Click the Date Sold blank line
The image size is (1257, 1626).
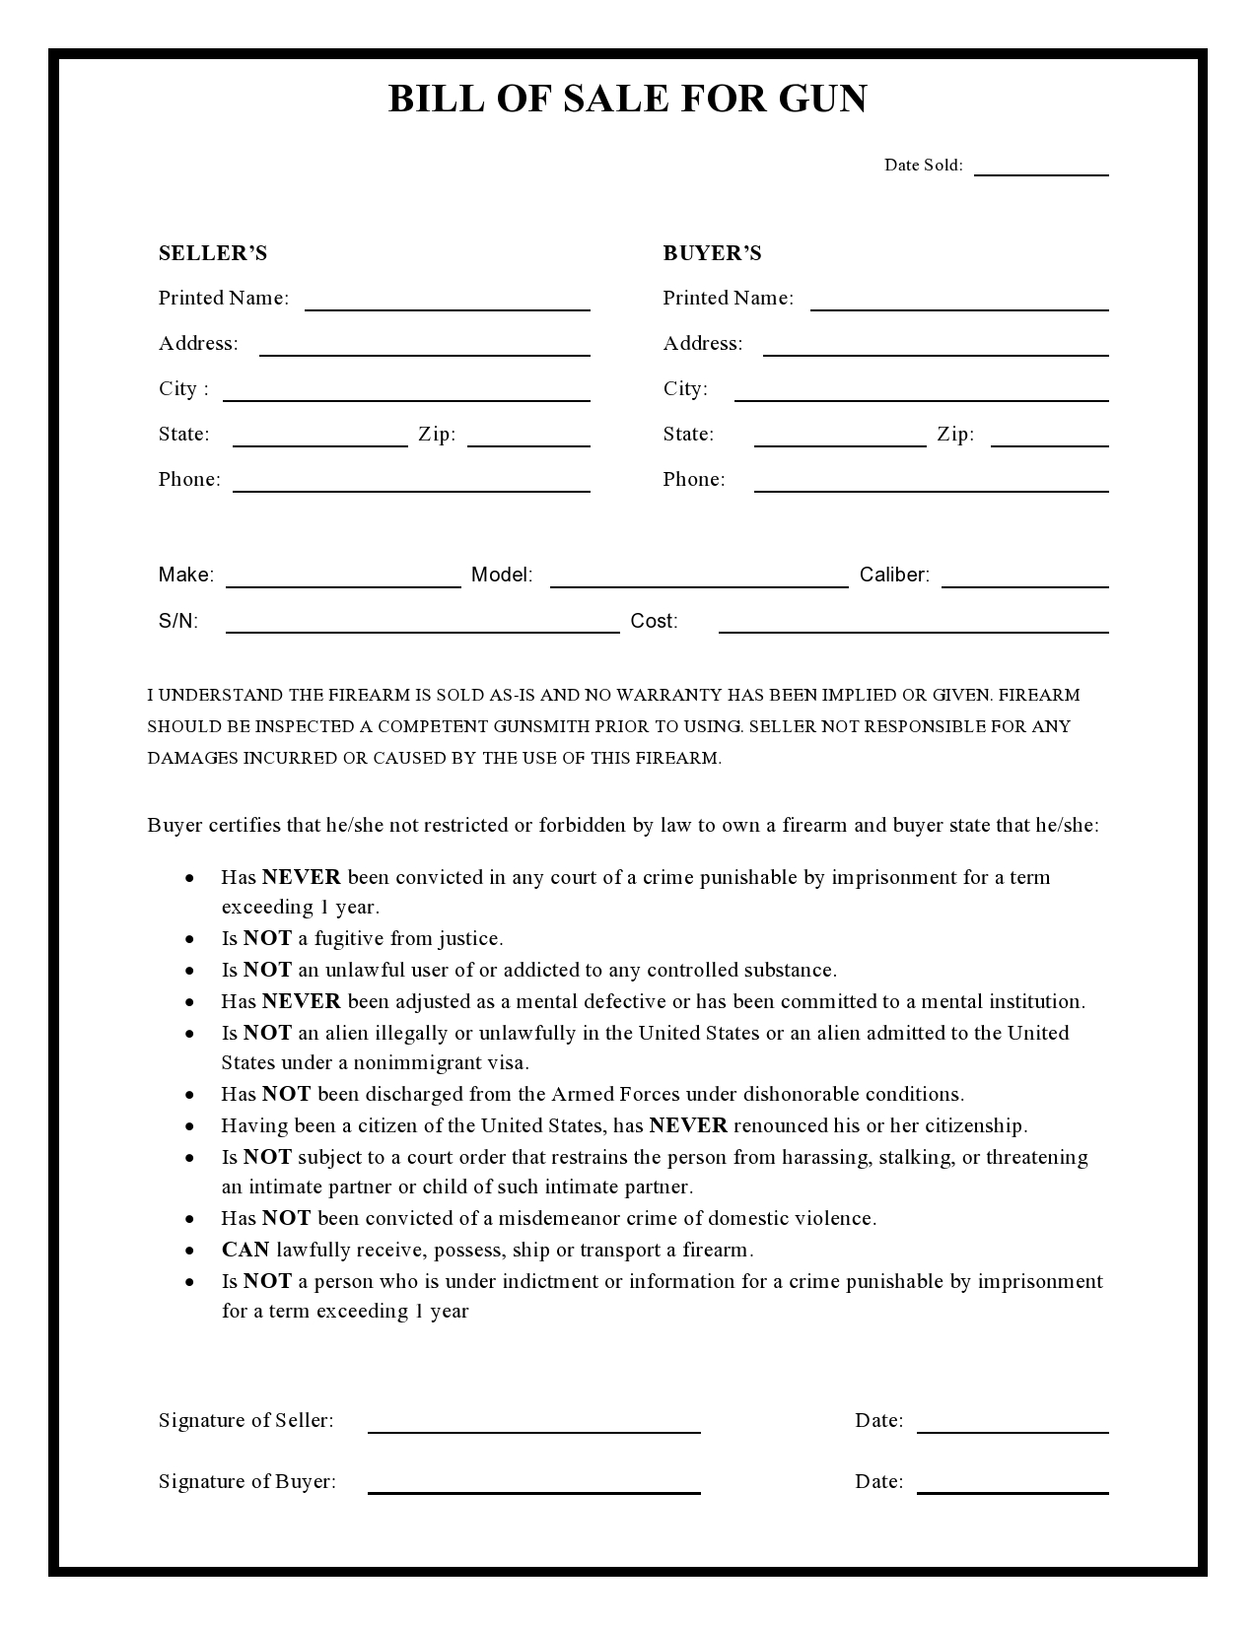click(x=1041, y=172)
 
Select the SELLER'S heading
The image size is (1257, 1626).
click(x=213, y=253)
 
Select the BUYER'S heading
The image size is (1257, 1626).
click(x=712, y=253)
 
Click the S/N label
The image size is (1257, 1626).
click(x=178, y=621)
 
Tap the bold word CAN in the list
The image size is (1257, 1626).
click(x=245, y=1250)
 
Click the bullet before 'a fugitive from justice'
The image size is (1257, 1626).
click(x=189, y=939)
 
